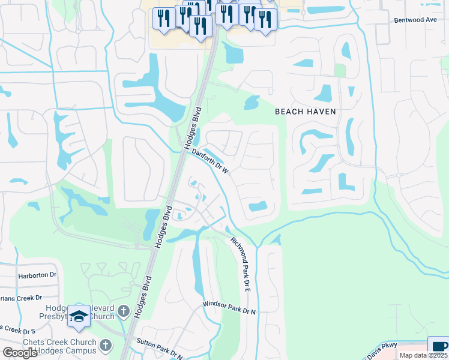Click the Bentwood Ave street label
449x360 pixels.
pyautogui.click(x=415, y=20)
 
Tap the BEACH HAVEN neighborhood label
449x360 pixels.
pyautogui.click(x=305, y=112)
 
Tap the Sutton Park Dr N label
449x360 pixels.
pyautogui.click(x=159, y=348)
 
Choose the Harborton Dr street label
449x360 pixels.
pyautogui.click(x=37, y=275)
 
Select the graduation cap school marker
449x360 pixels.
pyautogui.click(x=79, y=316)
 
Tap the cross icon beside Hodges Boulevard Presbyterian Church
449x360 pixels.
pyautogui.click(x=123, y=311)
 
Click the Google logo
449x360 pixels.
pyautogui.click(x=20, y=353)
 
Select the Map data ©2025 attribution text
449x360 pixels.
pyautogui.click(x=423, y=355)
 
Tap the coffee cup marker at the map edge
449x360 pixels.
pyautogui.click(x=439, y=346)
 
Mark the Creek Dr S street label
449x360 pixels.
pyautogui.click(x=19, y=329)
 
